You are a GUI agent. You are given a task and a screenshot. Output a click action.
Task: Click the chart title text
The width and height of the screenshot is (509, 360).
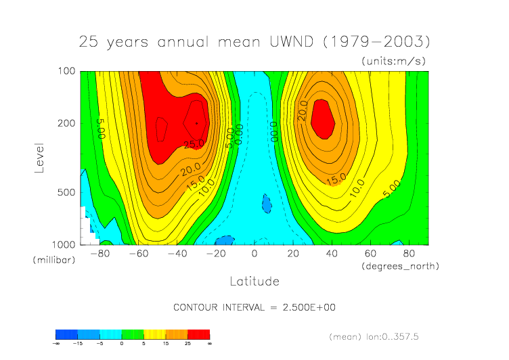[255, 41]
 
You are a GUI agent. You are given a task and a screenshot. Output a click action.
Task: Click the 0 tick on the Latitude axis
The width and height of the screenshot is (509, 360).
[255, 254]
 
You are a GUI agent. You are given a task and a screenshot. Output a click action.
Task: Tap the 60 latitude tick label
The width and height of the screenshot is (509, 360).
[370, 254]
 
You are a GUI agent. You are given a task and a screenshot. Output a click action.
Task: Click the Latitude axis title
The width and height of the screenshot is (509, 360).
[255, 281]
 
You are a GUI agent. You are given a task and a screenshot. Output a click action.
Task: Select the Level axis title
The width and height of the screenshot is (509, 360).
[39, 157]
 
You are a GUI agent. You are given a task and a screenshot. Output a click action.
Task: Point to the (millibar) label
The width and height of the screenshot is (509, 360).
[55, 260]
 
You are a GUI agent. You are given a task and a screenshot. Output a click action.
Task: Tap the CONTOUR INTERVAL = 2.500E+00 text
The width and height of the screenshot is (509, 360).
[255, 307]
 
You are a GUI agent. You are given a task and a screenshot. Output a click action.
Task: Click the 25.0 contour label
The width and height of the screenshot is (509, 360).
[193, 143]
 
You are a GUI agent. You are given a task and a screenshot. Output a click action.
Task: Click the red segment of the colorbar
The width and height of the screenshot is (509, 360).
[198, 334]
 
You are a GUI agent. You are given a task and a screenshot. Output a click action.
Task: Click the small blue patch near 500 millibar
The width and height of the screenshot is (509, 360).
[266, 203]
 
